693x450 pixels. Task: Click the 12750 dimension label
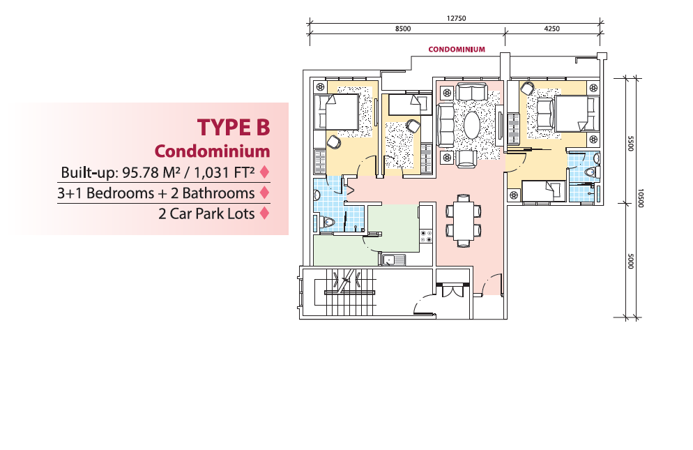tap(456, 19)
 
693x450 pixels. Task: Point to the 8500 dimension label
tap(403, 29)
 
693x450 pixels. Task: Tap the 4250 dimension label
tap(551, 29)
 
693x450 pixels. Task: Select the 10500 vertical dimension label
tap(641, 198)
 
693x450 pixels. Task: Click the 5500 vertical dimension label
tap(631, 143)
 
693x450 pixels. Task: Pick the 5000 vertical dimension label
tap(631, 261)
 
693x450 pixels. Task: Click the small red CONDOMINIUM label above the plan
tap(457, 50)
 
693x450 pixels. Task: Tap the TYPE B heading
tap(234, 128)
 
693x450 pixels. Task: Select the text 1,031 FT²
tap(224, 172)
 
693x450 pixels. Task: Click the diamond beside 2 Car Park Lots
tap(264, 213)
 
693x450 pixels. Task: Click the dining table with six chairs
tap(463, 220)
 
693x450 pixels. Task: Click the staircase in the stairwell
tap(349, 292)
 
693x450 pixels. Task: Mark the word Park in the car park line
tap(209, 213)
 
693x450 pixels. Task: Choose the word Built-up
tap(89, 172)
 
